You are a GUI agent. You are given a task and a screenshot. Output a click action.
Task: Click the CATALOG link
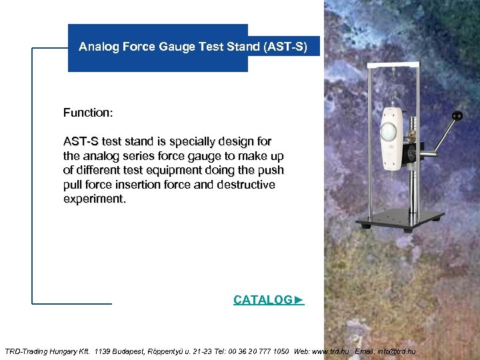[268, 300]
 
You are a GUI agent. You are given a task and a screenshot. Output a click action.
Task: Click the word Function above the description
[87, 113]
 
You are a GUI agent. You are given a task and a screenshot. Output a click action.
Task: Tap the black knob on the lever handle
[457, 116]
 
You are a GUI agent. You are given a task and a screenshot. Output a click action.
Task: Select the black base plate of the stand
[400, 221]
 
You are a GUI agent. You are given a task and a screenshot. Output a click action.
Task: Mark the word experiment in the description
[93, 199]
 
